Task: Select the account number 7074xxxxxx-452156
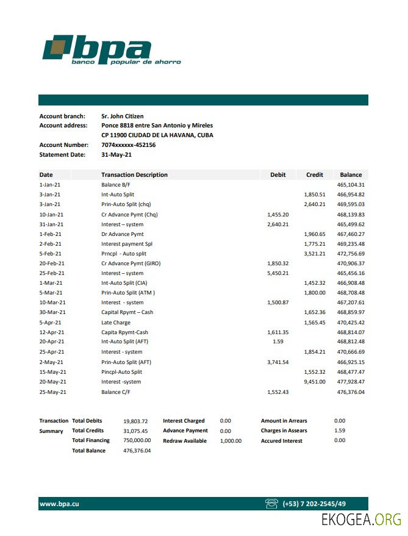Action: click(x=128, y=145)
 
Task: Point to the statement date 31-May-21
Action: click(x=116, y=155)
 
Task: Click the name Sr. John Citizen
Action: click(x=122, y=116)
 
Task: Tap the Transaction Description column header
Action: click(x=134, y=175)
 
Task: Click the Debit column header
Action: click(x=277, y=175)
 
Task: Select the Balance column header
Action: click(x=351, y=175)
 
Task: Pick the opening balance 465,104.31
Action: click(x=351, y=185)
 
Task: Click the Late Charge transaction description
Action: click(x=116, y=323)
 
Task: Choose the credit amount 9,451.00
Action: click(x=315, y=382)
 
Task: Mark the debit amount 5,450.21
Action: click(x=277, y=273)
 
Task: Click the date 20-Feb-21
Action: click(x=52, y=263)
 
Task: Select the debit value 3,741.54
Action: click(x=277, y=362)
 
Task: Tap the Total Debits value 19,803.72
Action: click(x=137, y=421)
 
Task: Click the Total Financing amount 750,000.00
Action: click(x=137, y=441)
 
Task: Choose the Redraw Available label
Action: click(x=185, y=441)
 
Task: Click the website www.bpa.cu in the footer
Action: click(x=59, y=504)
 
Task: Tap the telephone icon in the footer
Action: click(x=272, y=504)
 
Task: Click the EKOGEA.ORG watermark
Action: click(x=361, y=520)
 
